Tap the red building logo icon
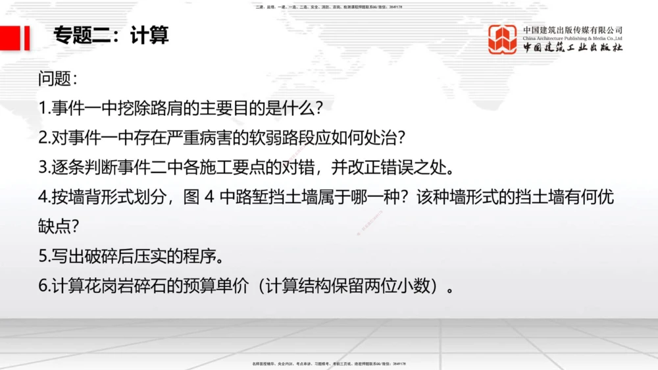(502, 39)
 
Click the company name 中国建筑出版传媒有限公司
(572, 30)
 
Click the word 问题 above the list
(55, 80)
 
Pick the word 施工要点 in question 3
(251, 167)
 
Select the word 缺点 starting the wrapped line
(55, 226)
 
